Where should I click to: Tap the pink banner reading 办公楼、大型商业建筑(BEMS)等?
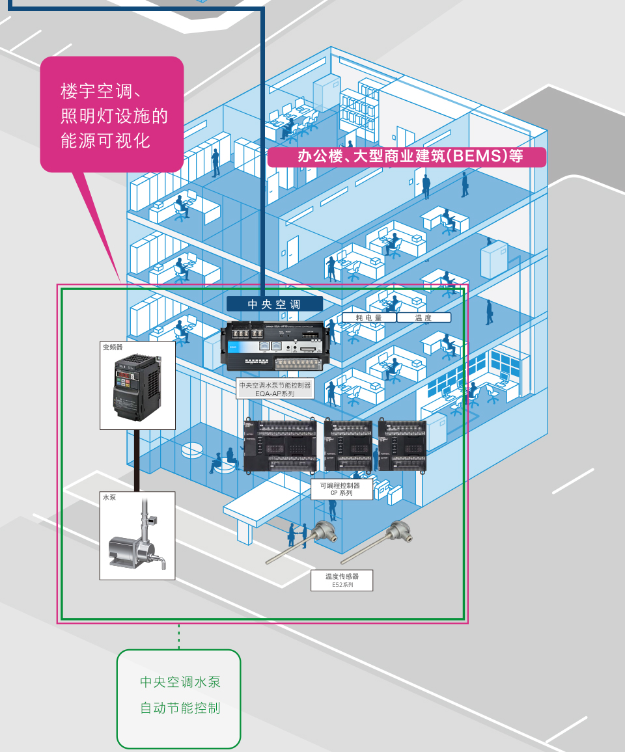tap(407, 156)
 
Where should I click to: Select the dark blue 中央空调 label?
tap(274, 304)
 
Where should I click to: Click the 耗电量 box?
tap(369, 317)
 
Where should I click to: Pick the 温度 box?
tap(423, 317)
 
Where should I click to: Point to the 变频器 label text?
tap(113, 347)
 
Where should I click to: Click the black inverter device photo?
tap(137, 388)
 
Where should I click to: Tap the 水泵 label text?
tap(109, 498)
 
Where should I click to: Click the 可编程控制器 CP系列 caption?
tap(341, 489)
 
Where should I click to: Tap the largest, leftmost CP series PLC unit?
tap(282, 445)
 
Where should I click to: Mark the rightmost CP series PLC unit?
tap(402, 445)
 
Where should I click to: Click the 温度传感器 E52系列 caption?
tap(342, 580)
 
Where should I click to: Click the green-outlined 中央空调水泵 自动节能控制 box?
tap(179, 698)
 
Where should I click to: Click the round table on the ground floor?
tap(193, 450)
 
